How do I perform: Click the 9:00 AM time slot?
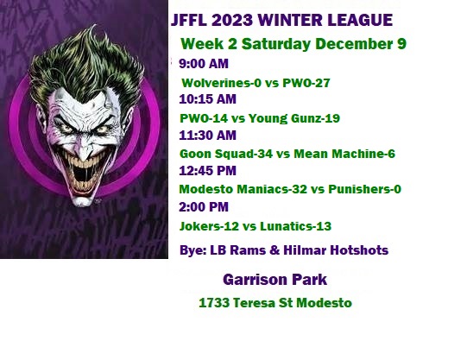(204, 64)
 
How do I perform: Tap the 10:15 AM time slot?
(207, 99)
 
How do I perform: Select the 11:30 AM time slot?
(207, 136)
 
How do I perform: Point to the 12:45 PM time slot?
(207, 171)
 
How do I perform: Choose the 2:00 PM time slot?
(204, 206)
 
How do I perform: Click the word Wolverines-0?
(221, 83)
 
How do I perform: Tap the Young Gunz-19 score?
(294, 118)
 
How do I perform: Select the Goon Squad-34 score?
(226, 154)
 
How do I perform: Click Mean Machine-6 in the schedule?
(344, 154)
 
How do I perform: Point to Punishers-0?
(365, 189)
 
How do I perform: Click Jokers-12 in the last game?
(209, 226)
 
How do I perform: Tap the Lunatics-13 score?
(296, 226)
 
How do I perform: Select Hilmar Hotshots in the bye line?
(336, 250)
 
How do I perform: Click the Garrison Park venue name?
(275, 280)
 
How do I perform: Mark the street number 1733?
(214, 303)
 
